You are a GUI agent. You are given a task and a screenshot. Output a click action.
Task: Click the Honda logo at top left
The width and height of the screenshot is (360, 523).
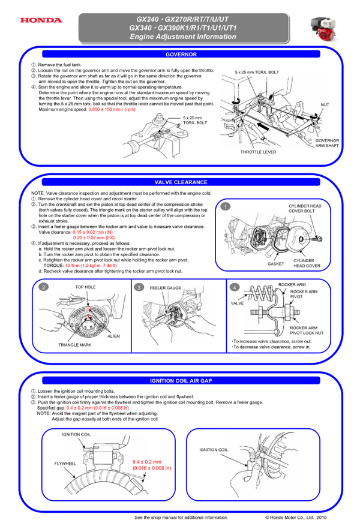[x=41, y=20]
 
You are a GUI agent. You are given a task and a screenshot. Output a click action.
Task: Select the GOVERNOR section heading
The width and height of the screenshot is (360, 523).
[x=181, y=55]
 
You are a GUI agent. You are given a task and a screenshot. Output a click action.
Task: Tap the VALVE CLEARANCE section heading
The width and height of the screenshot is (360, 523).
[x=181, y=182]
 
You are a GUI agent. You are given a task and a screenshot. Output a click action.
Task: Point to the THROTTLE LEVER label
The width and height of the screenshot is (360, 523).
[x=258, y=152]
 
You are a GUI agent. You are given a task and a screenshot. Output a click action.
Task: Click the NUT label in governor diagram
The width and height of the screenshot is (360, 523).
[x=325, y=104]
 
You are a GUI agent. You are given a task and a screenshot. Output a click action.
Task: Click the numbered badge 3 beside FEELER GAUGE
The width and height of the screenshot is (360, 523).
[x=139, y=288]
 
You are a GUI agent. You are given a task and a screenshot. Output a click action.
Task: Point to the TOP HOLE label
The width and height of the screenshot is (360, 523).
[x=85, y=287]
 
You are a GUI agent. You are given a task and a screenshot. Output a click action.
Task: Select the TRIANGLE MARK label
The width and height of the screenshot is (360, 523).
[x=74, y=345]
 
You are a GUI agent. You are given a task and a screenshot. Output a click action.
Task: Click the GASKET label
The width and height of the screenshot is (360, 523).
[x=276, y=263]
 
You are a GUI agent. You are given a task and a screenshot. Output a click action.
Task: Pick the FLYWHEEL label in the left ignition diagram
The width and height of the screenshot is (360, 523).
[x=65, y=464]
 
